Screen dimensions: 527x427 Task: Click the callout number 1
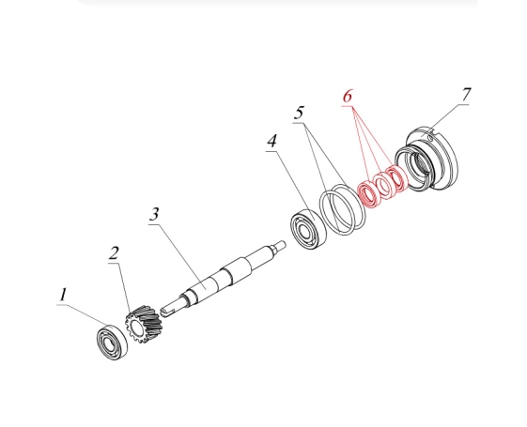point(63,295)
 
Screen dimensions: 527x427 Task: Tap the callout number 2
point(114,253)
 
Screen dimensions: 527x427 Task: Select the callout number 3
point(154,214)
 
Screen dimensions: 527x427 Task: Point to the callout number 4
point(271,141)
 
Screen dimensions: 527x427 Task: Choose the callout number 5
point(299,113)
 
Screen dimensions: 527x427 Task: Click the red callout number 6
point(348,96)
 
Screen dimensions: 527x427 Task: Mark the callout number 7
point(466,95)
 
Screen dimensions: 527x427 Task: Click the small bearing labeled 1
point(112,343)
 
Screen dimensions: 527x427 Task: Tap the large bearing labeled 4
point(308,230)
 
